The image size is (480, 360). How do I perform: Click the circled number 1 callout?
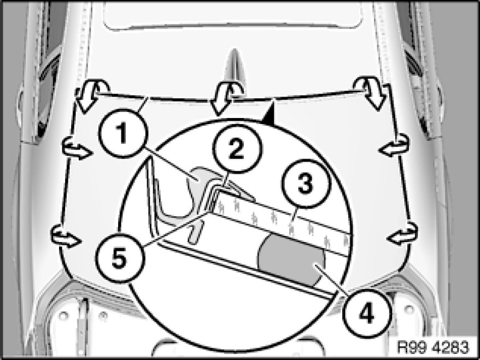point(123,134)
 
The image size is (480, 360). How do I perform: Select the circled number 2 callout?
point(237,149)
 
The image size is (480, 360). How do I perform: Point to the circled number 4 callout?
point(367,314)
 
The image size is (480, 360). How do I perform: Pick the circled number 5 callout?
point(119,258)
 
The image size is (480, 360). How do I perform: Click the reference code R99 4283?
point(432,347)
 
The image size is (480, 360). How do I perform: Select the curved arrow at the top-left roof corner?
point(92,95)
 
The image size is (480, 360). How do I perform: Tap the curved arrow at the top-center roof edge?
point(226,97)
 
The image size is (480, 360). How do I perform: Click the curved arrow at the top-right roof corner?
point(371,92)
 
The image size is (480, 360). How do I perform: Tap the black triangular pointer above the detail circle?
point(270,114)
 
